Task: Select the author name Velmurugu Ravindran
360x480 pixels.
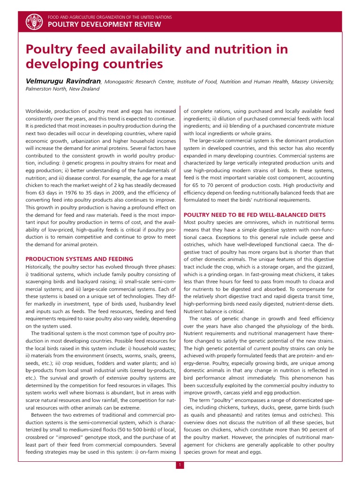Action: click(63, 81)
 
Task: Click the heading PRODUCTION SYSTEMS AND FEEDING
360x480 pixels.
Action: click(79, 259)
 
